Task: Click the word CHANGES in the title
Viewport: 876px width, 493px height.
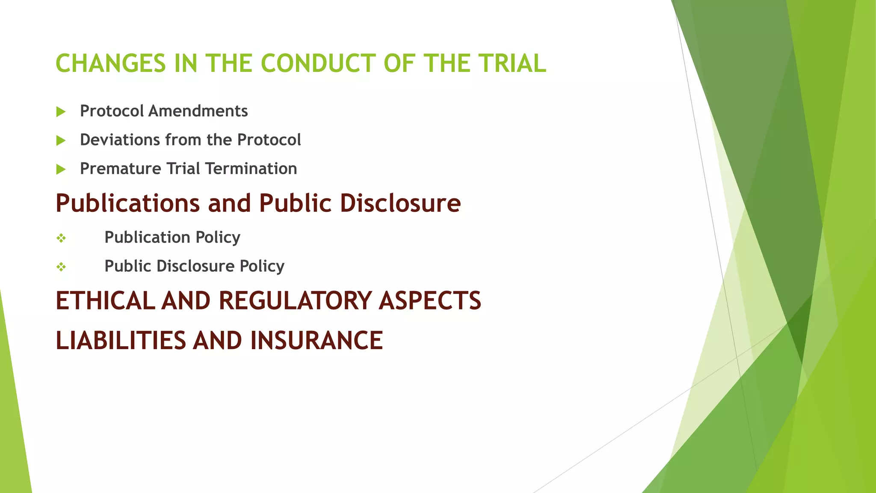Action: point(110,63)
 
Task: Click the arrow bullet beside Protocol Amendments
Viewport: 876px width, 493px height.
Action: point(61,112)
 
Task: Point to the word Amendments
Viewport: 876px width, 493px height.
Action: point(198,111)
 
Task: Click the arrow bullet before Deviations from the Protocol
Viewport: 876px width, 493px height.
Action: point(61,140)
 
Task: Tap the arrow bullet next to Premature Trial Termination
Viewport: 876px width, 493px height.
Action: point(61,169)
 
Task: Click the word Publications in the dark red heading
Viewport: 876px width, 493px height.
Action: point(127,203)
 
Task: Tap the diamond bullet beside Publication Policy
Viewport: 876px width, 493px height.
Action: point(61,238)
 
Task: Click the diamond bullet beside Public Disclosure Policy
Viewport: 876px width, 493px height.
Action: point(61,267)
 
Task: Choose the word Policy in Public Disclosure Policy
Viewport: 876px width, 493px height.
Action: point(262,266)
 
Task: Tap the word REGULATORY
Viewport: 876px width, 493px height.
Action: point(295,300)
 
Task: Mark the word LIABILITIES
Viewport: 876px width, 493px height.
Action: point(121,341)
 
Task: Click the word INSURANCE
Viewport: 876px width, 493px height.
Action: point(317,341)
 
